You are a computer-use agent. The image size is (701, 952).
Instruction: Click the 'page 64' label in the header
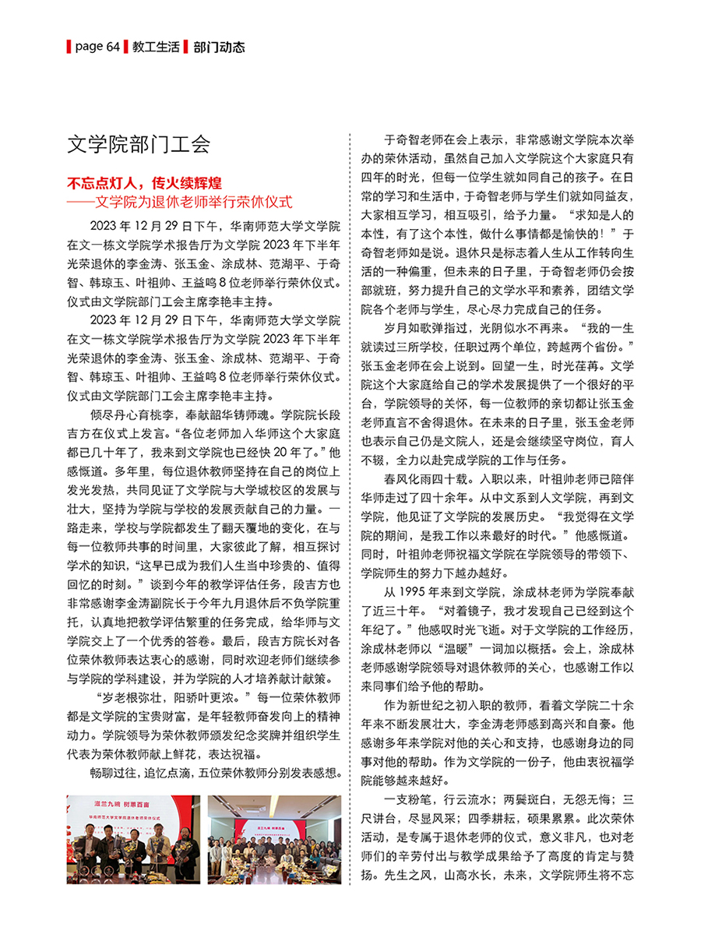tap(97, 47)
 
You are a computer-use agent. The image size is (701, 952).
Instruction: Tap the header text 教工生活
tap(152, 47)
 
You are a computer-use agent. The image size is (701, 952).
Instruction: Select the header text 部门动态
tap(219, 47)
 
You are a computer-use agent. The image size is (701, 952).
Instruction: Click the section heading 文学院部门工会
tap(139, 144)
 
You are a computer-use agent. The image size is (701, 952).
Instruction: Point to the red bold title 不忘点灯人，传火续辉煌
tap(145, 184)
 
